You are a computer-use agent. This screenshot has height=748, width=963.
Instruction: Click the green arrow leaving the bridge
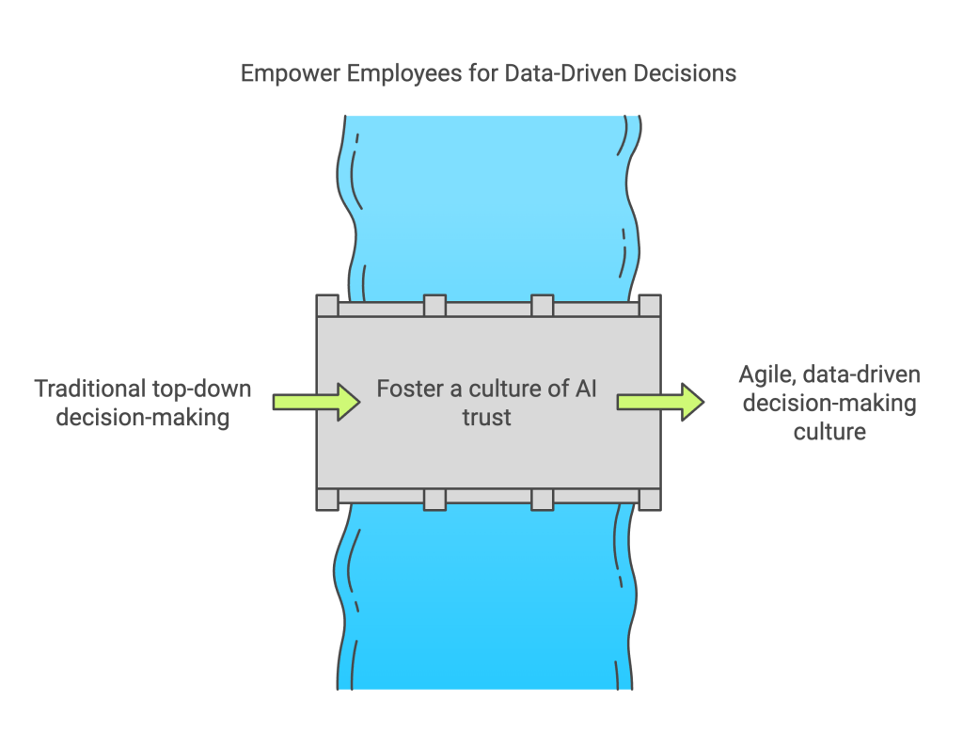(659, 402)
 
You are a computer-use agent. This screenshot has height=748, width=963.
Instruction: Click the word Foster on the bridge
(409, 389)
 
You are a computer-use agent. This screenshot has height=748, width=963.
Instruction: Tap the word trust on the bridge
(487, 417)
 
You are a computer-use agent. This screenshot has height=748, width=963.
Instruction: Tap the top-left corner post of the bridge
(326, 306)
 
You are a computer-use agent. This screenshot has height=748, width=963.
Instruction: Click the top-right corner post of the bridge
(650, 306)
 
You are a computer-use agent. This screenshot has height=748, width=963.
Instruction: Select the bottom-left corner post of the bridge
(326, 499)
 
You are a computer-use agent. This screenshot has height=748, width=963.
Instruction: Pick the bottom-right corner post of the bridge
(650, 499)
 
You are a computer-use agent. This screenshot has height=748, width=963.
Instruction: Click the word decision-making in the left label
(143, 417)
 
